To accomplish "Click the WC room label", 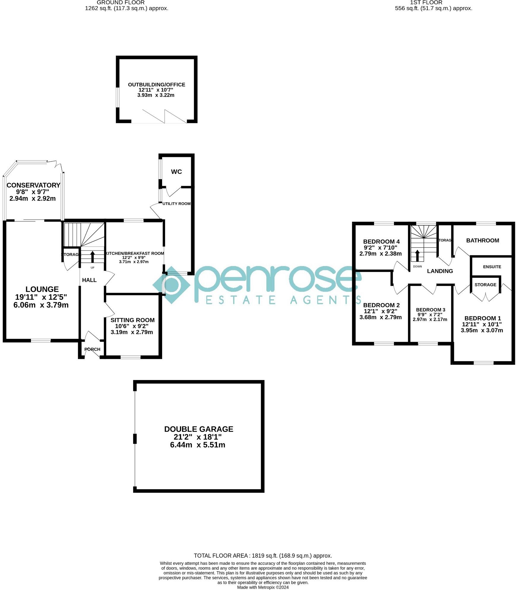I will (176, 172).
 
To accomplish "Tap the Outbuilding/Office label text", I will (156, 85).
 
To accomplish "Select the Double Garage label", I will (198, 429).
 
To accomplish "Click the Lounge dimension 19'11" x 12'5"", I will (41, 297).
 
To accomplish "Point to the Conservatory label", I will (33, 185).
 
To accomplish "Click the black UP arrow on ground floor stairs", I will (92, 257).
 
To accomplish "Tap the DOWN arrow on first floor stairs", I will (417, 255).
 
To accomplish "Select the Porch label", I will (92, 349).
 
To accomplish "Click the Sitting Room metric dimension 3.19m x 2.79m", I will (132, 332).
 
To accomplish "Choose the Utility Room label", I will (176, 203).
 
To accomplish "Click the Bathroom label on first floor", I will (482, 240).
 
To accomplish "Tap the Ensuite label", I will (492, 267).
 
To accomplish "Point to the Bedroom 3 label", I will (430, 310).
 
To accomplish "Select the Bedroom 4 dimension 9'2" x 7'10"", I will (380, 247).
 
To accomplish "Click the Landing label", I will (440, 271).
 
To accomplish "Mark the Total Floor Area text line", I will (262, 556).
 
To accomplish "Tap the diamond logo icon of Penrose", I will (171, 285).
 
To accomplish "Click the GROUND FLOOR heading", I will (121, 2).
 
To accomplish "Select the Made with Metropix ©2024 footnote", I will (262, 587).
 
